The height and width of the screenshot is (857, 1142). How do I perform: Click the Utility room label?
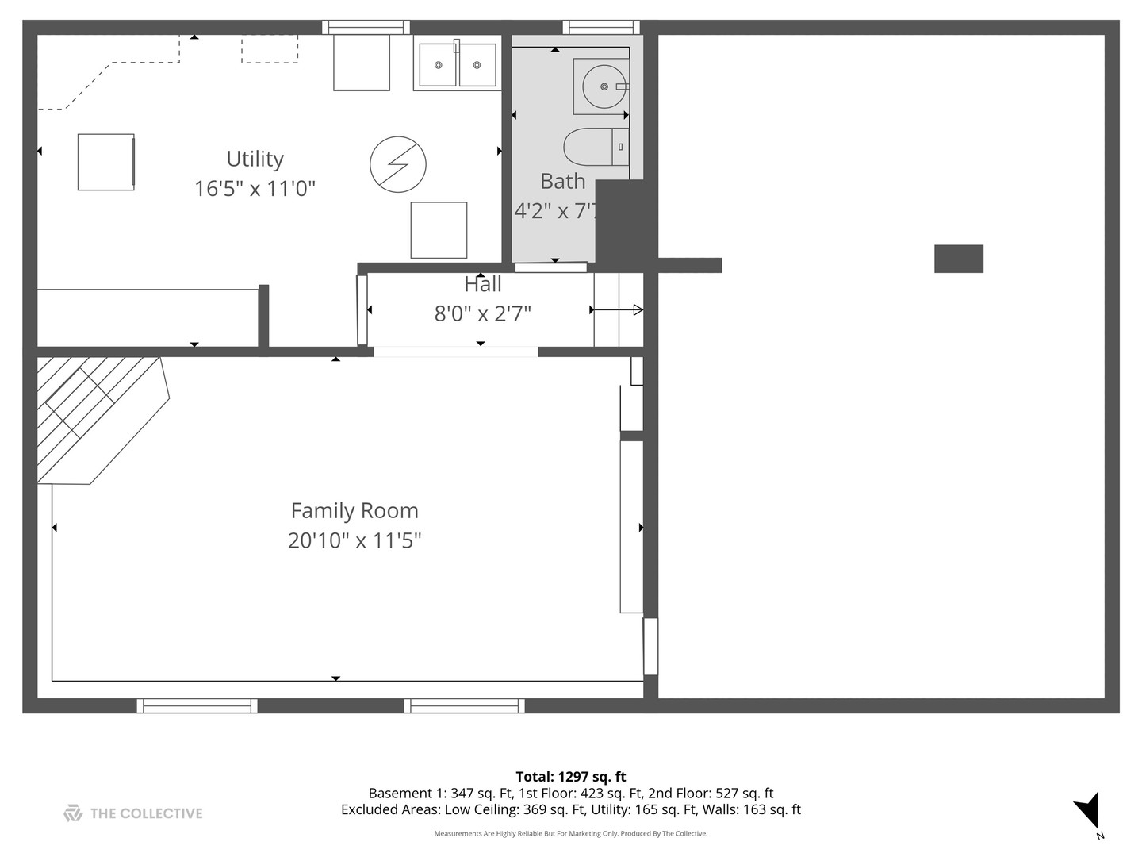coord(255,159)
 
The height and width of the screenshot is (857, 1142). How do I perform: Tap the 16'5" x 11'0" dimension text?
coord(255,189)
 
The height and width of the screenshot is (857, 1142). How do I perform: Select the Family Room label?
coord(354,511)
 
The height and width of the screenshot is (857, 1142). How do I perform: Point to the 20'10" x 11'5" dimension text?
coord(354,540)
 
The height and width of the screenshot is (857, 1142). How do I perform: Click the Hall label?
coord(482,284)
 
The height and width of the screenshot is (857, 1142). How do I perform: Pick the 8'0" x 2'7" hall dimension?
coord(482,313)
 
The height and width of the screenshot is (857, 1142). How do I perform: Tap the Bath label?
coord(562,182)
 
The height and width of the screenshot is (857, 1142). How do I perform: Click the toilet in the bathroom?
coord(596,147)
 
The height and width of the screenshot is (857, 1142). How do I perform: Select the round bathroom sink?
coord(604,86)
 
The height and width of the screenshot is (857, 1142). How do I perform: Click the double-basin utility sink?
coord(457,64)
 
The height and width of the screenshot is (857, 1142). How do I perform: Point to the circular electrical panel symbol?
coord(398,165)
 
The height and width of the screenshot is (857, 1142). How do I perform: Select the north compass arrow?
coord(1090,811)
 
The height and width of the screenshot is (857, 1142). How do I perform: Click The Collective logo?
coord(133,813)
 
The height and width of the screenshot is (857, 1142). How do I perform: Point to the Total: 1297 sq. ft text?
coord(571,777)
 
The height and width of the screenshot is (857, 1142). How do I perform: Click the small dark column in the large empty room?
coord(958,259)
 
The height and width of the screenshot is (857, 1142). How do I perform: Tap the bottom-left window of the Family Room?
coord(197,705)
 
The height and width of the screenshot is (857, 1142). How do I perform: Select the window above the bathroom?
coord(600,28)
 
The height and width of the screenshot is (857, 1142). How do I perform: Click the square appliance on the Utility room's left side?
coord(105,162)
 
